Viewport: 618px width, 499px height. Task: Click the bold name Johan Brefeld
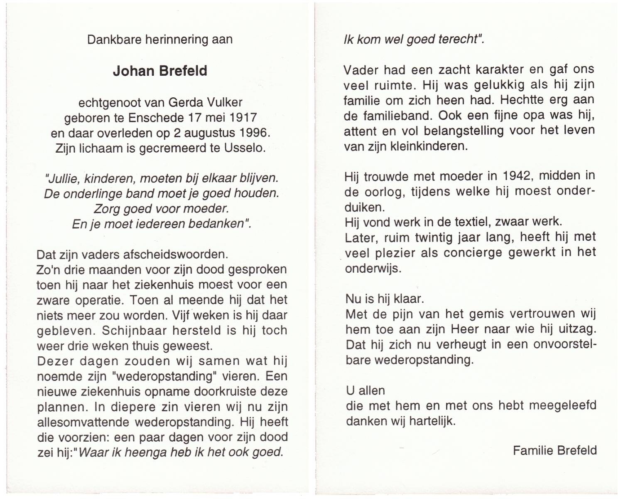click(x=160, y=71)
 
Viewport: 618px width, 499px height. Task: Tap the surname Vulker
click(x=224, y=102)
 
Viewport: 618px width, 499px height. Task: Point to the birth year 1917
click(x=243, y=118)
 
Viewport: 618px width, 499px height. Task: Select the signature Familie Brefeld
click(x=554, y=450)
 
